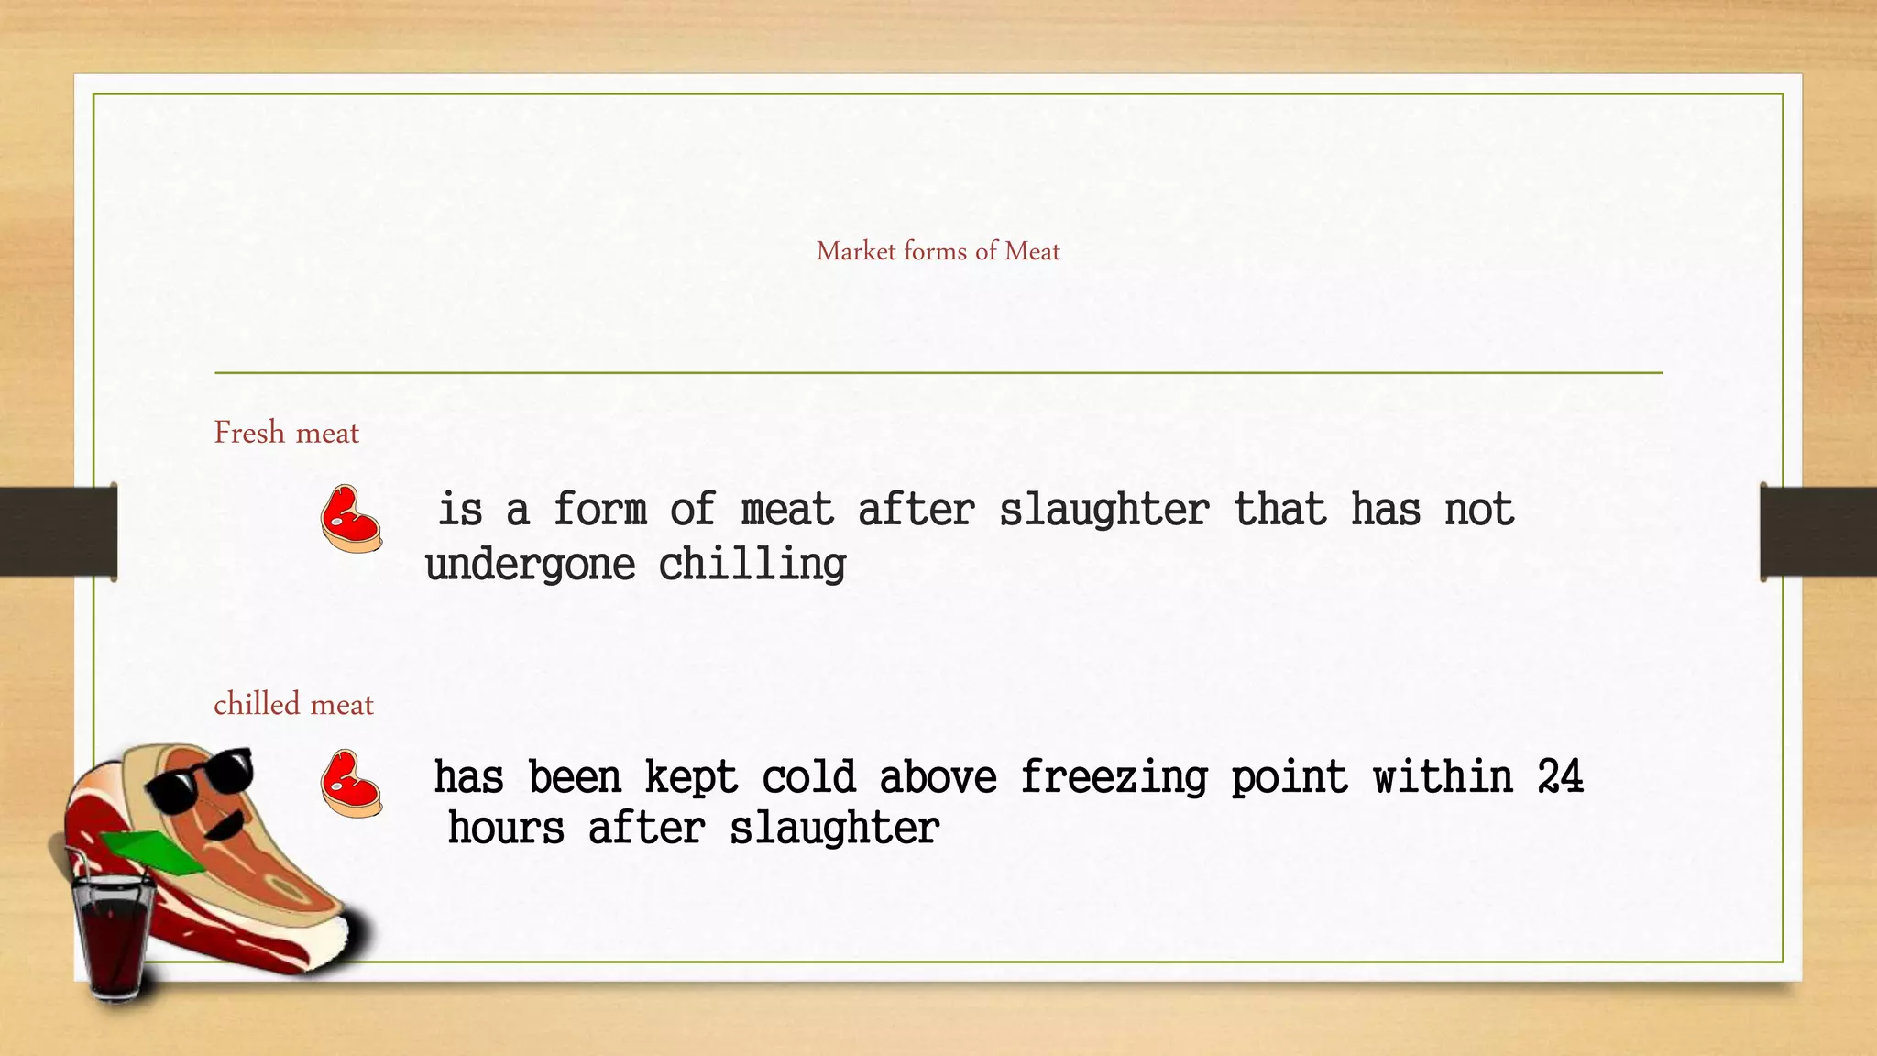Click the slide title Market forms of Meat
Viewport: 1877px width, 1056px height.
(938, 251)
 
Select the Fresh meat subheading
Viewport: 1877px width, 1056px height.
(286, 433)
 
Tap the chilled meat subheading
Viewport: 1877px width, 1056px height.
(293, 704)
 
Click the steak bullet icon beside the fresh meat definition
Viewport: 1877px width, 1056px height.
(351, 519)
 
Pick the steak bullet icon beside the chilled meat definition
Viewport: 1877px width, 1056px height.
(351, 784)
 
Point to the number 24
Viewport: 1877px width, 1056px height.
(1560, 777)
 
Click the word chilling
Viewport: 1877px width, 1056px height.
(752, 565)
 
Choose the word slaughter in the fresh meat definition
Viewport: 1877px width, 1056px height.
(1103, 511)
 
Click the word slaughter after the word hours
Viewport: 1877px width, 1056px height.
(834, 829)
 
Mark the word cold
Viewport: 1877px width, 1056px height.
(808, 777)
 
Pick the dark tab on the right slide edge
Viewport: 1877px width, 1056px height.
(1818, 532)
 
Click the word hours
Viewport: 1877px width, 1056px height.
(506, 829)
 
